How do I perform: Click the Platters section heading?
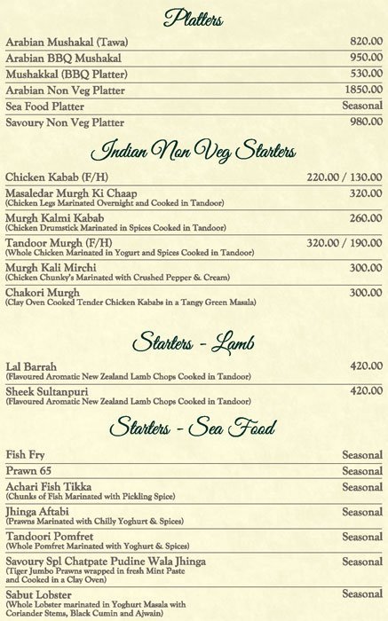point(194,17)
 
